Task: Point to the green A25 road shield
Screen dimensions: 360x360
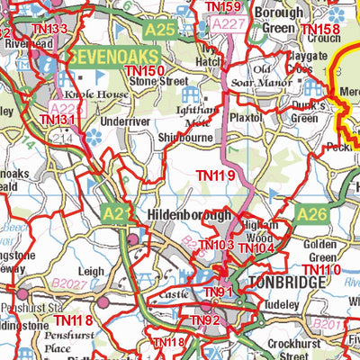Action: (159, 31)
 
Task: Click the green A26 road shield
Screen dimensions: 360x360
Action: (310, 214)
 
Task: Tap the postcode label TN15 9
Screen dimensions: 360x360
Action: (222, 7)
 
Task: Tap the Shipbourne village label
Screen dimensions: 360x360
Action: (186, 138)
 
